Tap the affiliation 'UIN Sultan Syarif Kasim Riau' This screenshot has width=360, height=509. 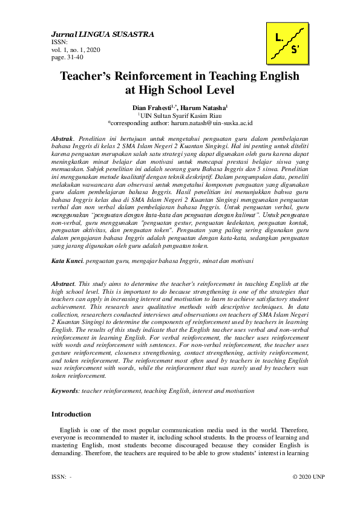[181, 114]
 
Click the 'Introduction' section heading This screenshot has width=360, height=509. [71, 414]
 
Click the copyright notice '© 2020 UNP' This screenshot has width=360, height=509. [308, 477]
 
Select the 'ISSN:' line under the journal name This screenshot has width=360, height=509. [59, 42]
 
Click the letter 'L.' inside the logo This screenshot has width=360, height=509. [278, 37]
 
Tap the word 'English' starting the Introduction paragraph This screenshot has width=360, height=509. [70, 429]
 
